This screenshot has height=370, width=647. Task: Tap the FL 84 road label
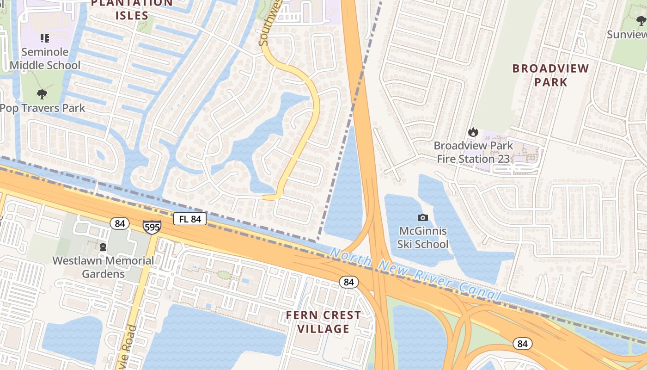190,219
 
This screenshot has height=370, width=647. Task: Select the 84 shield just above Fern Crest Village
349,282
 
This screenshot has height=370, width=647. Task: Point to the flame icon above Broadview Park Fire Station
473,132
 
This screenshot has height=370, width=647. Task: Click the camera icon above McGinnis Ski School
422,217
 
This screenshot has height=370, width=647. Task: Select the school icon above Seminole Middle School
45,38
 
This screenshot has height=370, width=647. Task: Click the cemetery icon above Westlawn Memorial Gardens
103,247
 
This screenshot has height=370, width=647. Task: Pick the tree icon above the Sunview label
641,21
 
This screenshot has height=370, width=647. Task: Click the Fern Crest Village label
323,322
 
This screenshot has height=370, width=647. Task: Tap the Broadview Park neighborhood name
550,75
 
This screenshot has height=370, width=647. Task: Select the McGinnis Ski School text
423,237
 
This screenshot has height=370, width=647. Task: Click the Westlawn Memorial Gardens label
103,267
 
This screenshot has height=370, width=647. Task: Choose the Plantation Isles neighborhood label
132,9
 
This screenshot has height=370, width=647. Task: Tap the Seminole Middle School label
45,59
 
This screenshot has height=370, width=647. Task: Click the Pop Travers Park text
43,108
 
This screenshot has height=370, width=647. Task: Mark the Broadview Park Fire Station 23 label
473,152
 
